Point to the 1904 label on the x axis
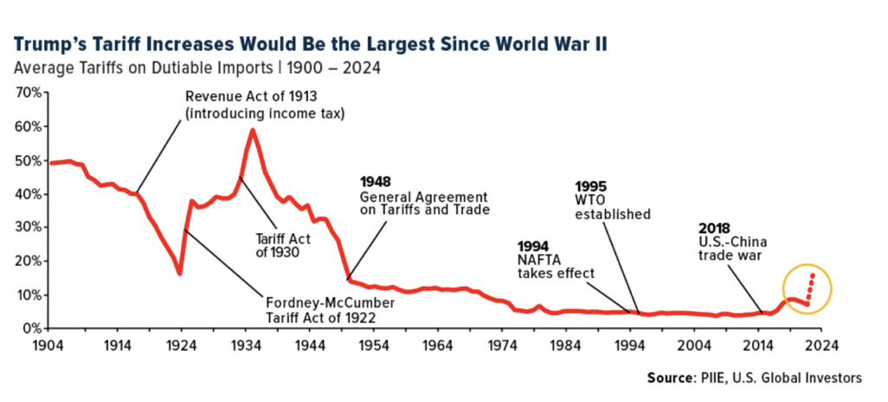click(49, 343)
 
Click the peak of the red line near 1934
click(252, 131)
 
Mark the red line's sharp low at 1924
click(179, 274)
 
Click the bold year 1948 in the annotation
click(376, 182)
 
